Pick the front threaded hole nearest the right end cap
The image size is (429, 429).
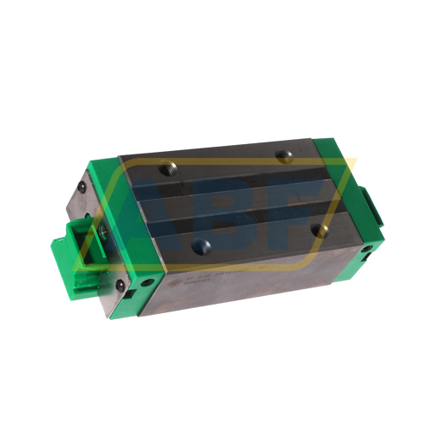point(321,229)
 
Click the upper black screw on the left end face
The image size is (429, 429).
point(82,184)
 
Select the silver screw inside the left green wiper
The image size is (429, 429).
point(101,231)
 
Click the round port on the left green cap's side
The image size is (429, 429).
point(149,281)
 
